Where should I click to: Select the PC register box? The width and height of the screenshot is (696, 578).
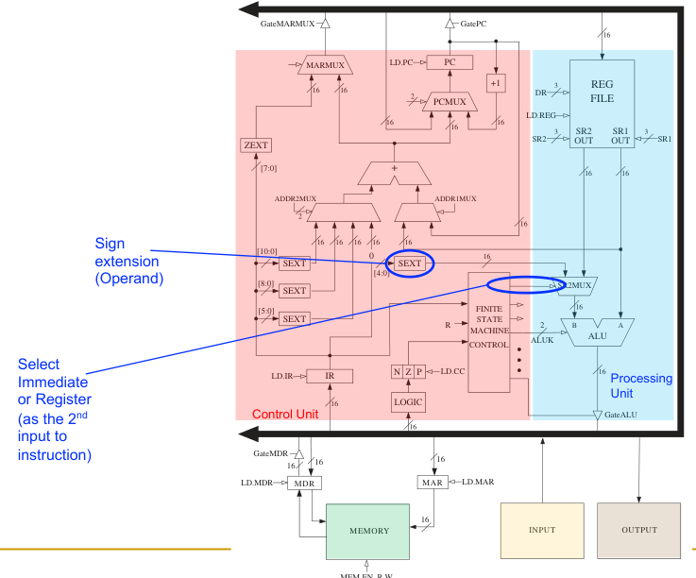(450, 62)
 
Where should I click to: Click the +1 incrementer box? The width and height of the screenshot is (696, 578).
(496, 82)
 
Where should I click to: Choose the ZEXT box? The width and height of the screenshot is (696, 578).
(256, 144)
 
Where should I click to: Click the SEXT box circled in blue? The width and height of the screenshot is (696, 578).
(410, 263)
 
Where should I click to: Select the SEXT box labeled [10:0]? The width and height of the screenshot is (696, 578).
(295, 263)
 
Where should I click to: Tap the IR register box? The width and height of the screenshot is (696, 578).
(331, 376)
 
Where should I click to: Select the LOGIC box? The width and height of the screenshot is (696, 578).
(409, 402)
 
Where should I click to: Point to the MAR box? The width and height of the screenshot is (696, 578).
(430, 483)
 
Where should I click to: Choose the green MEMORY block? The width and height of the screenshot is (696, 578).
(369, 531)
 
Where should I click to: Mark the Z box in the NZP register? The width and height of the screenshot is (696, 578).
(409, 372)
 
